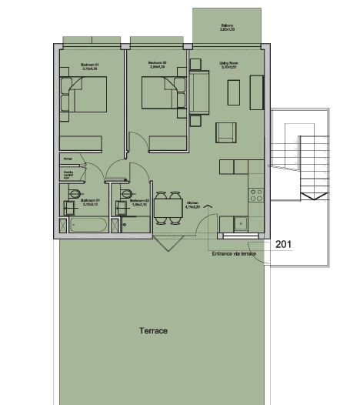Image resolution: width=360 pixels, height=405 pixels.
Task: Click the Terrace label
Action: point(154,331)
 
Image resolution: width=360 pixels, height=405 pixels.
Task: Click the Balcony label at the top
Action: point(227,28)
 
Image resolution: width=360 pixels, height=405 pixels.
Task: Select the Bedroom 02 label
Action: point(158,66)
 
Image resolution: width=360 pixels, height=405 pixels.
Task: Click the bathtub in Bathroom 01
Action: point(88,225)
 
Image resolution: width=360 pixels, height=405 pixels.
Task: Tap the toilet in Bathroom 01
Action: point(75,194)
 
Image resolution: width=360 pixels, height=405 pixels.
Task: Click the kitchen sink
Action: point(241,224)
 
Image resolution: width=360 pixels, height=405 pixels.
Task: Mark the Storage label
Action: point(67,159)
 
